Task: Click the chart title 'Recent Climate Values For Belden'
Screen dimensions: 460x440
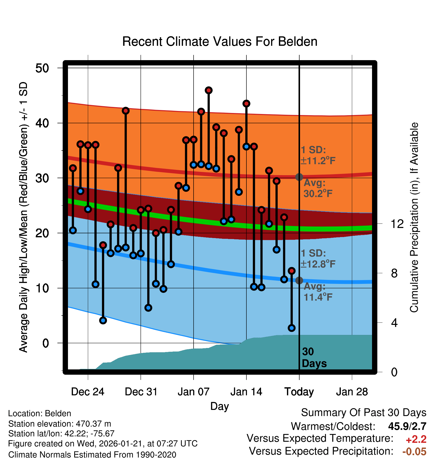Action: tap(219, 42)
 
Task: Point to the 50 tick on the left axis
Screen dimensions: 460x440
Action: tap(42, 68)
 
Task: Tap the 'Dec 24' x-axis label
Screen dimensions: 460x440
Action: tap(88, 392)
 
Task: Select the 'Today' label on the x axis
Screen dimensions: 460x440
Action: tap(299, 392)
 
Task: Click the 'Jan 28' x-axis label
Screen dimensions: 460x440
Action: tap(352, 392)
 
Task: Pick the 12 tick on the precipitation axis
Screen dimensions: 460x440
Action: tap(397, 224)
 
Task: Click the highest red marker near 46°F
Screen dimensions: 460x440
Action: tap(209, 90)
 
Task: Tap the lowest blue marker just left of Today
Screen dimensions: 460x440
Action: tap(291, 328)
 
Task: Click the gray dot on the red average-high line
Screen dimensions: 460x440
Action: tap(299, 177)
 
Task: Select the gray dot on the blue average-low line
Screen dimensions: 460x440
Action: tap(299, 280)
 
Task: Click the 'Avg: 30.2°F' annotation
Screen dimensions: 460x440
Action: tap(318, 188)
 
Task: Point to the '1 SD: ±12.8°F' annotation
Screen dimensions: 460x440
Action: tap(318, 259)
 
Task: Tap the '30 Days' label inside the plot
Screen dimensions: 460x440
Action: tap(314, 358)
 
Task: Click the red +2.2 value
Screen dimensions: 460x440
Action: tap(416, 439)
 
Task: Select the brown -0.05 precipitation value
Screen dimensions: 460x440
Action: tap(414, 451)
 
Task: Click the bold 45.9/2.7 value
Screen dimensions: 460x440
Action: tap(407, 426)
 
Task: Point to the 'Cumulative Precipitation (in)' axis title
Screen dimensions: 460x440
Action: tap(414, 218)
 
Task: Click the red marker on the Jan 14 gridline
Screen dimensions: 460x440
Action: tap(246, 104)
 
